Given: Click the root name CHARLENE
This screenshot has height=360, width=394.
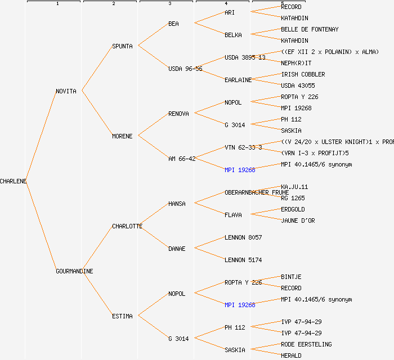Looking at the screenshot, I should [x=14, y=181].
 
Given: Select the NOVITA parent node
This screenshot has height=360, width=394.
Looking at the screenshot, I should [x=66, y=91].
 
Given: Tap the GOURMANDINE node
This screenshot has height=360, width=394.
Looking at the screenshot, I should [x=74, y=271].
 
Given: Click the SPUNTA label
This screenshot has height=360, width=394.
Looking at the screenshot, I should [x=122, y=46].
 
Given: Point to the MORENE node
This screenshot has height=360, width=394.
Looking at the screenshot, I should [x=122, y=136].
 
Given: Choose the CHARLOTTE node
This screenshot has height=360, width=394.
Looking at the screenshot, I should [x=127, y=226].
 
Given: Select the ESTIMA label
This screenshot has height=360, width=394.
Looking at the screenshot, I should [x=122, y=316].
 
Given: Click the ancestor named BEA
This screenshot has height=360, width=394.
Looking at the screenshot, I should [x=173, y=24].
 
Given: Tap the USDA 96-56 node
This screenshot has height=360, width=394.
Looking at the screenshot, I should [x=185, y=69].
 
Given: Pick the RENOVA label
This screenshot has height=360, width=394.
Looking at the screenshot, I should [x=178, y=114].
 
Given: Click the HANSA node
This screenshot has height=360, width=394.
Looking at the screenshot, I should [x=177, y=204].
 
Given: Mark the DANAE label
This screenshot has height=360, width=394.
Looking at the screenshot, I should [x=177, y=249].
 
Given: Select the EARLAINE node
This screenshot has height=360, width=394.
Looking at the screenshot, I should [x=238, y=80].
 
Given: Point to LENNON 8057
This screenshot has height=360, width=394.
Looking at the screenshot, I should [x=243, y=237].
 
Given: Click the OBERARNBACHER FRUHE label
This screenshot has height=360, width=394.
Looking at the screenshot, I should [x=257, y=192].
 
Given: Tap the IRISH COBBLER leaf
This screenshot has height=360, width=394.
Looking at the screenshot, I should [x=303, y=74].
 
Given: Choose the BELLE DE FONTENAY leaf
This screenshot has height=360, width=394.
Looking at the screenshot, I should [x=310, y=29].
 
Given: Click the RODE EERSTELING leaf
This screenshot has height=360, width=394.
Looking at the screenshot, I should [x=306, y=344].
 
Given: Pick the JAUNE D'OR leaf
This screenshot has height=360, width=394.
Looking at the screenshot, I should [x=298, y=220].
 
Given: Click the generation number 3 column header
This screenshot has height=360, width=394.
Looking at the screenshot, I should [x=169, y=4].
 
